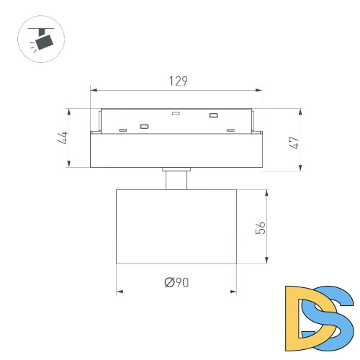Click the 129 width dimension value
point(179,81)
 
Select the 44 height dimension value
point(63,138)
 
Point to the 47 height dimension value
point(294,143)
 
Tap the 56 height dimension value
point(261,228)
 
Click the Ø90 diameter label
point(176,282)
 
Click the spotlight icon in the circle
point(41,39)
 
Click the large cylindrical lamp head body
point(176,227)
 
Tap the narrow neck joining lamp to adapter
point(176,180)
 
